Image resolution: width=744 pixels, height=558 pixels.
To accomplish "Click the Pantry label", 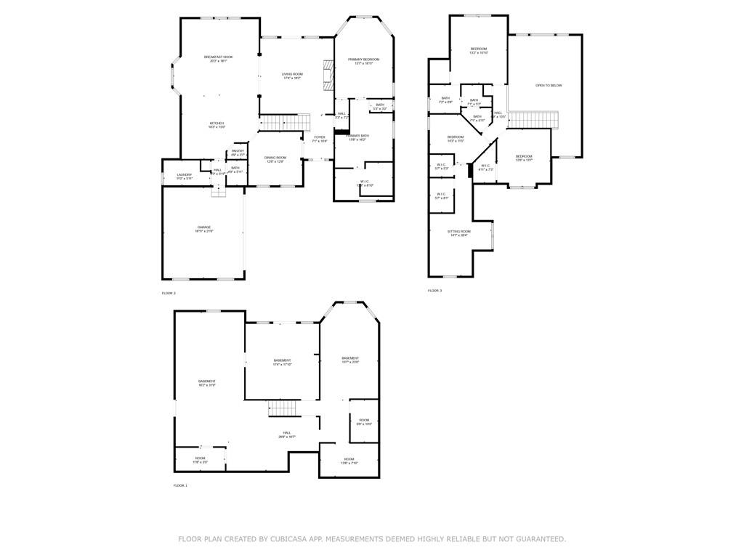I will point(238,153).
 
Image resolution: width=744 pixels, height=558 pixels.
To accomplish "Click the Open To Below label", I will point(549,86).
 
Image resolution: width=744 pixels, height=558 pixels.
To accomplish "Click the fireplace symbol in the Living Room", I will point(328,73).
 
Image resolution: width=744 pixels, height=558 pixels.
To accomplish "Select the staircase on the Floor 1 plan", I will point(283,408).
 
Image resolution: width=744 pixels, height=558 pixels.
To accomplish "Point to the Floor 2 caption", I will point(169,293).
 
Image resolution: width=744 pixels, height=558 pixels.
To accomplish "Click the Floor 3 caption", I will point(434,291).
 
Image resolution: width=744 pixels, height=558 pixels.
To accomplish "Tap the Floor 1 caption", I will point(180,485).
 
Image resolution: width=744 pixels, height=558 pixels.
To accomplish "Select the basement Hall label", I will point(287,434).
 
